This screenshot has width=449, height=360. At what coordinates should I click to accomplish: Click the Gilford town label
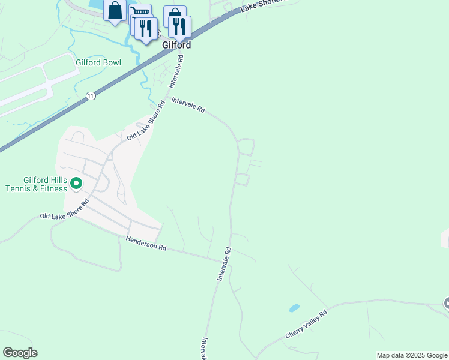point(176,45)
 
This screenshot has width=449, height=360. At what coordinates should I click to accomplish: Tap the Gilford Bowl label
point(98,63)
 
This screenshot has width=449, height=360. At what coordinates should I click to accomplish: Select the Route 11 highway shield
point(90,95)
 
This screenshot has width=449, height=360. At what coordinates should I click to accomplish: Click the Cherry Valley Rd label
point(306,323)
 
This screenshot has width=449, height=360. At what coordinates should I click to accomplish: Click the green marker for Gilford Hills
point(76,183)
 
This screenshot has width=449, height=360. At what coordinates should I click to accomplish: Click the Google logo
point(20,353)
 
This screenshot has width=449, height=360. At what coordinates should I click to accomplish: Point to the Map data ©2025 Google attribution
point(412,355)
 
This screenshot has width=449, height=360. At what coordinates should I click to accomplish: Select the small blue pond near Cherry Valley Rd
point(294,308)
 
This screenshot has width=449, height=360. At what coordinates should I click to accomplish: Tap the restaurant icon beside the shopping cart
point(146,28)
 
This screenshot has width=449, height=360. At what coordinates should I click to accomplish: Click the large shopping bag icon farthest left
point(115,10)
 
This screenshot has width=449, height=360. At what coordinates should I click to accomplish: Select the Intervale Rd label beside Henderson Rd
point(224,265)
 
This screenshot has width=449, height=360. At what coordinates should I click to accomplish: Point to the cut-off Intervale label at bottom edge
point(205,349)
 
